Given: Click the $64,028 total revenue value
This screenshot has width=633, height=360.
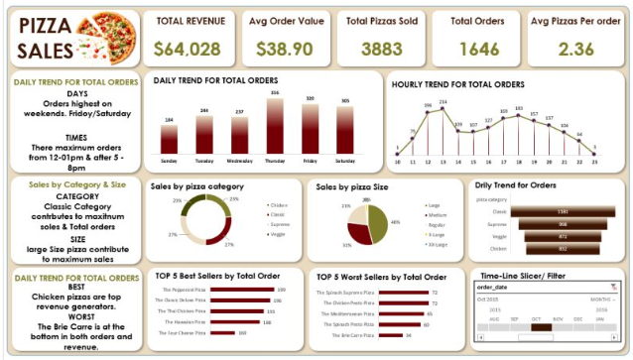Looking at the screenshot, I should tap(190, 48).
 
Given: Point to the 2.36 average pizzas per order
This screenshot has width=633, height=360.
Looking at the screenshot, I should tap(576, 48).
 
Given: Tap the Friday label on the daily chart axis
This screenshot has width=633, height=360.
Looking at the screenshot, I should tap(310, 159).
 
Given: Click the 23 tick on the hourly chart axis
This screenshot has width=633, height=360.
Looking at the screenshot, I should tap(594, 160).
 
